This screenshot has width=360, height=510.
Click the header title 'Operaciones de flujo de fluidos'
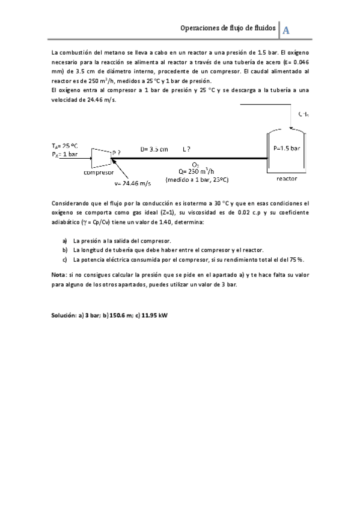tap(228, 28)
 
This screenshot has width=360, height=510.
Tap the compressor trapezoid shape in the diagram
tap(100, 158)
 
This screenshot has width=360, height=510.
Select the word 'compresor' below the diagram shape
tap(99, 173)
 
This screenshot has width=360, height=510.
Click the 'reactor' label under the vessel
tap(287, 179)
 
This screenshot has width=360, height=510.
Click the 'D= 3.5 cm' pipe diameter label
tap(154, 149)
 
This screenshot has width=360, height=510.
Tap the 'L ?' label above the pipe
tap(187, 149)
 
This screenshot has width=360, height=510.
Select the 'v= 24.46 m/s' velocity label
tap(132, 182)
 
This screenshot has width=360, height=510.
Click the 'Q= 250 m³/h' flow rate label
tap(197, 171)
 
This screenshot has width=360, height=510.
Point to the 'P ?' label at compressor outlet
tap(117, 153)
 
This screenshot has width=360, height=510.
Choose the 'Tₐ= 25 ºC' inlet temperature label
tap(65, 146)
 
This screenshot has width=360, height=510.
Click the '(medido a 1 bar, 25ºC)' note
tap(197, 179)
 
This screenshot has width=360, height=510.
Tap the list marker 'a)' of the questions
tap(65, 241)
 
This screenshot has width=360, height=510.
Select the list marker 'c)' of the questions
tap(65, 259)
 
